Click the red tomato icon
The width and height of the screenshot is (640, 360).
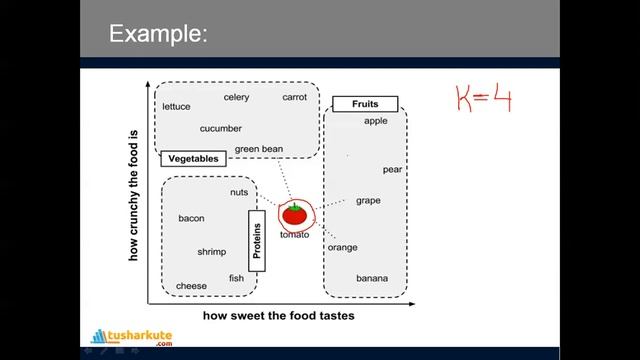(294, 214)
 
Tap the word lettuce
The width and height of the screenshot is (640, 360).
(176, 106)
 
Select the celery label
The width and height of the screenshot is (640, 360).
(236, 97)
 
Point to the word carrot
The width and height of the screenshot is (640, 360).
(294, 97)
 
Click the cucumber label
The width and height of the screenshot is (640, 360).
(220, 128)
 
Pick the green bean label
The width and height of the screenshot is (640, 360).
(259, 149)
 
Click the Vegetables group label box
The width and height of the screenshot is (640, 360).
(193, 159)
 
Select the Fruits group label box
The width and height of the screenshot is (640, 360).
(364, 103)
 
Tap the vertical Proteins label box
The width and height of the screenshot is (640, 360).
(257, 241)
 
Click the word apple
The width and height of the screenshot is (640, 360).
(375, 121)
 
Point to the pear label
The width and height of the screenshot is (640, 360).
(392, 169)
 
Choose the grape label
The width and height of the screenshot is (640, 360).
(368, 200)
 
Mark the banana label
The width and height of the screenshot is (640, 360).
(372, 278)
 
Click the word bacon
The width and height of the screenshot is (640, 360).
(191, 218)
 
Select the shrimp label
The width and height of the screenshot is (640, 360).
(211, 252)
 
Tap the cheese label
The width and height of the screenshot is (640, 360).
(191, 286)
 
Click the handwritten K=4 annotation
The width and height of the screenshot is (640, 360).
(484, 98)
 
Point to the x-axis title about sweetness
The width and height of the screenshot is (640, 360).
(278, 315)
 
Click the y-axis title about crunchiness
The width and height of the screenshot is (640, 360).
(133, 195)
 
